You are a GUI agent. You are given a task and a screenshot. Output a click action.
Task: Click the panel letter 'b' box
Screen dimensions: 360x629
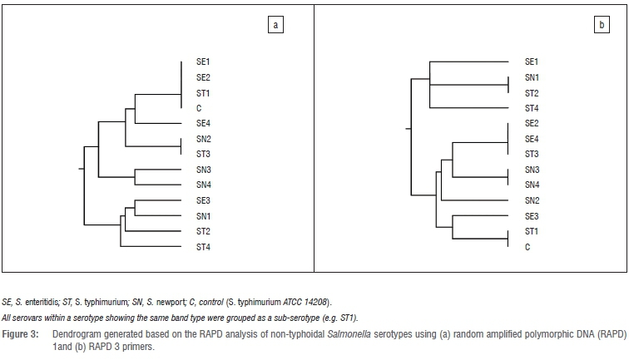(x=602, y=26)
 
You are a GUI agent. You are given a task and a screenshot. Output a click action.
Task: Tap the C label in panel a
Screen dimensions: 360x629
(x=200, y=108)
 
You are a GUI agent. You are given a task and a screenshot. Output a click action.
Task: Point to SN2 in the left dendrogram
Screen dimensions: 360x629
(x=204, y=139)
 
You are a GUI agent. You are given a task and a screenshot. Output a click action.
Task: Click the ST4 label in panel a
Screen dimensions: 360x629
(x=204, y=247)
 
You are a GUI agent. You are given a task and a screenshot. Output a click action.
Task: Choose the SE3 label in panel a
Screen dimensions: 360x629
(x=204, y=200)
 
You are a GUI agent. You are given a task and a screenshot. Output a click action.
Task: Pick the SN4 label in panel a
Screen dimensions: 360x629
(x=204, y=185)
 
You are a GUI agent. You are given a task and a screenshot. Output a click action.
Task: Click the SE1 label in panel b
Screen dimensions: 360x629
(x=532, y=62)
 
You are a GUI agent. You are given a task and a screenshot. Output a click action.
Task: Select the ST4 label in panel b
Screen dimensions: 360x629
(x=532, y=108)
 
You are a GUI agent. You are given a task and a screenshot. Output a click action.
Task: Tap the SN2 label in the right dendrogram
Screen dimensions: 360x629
(x=532, y=200)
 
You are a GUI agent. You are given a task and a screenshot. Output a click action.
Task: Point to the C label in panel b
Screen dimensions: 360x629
(x=527, y=247)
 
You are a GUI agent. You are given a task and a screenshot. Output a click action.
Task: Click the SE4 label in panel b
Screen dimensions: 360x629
(x=532, y=139)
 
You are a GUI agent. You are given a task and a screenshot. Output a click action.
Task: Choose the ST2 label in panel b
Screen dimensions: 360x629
(x=532, y=92)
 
